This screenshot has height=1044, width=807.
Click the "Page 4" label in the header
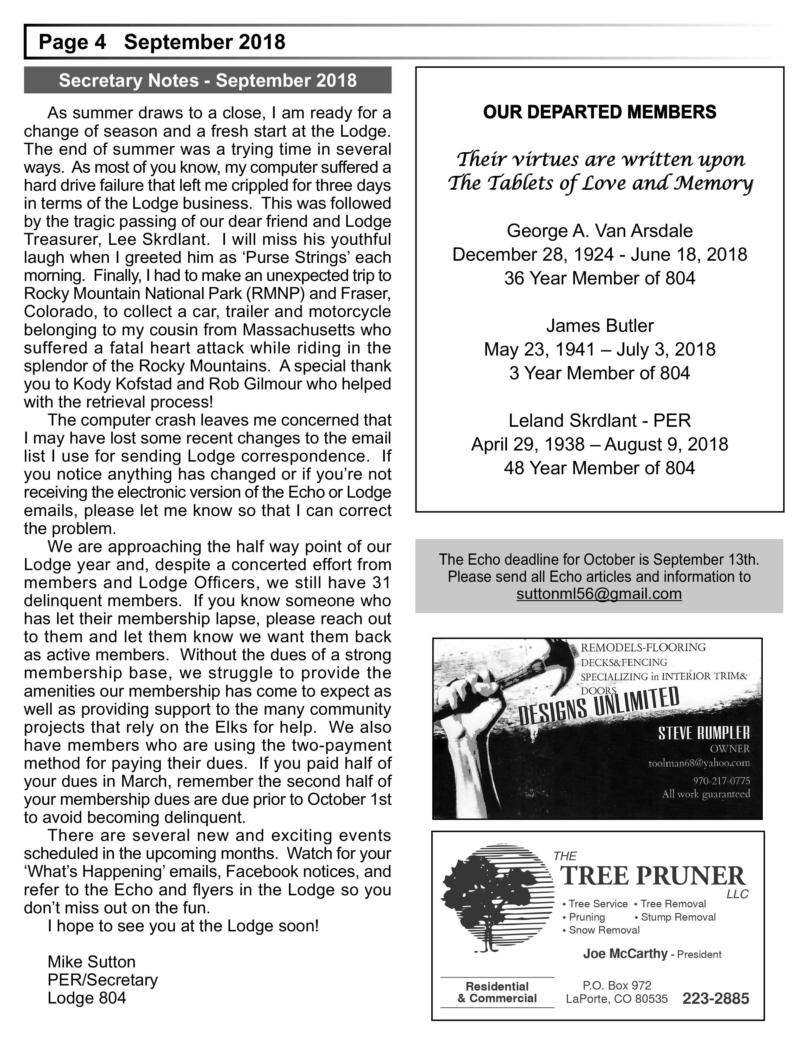coord(72,42)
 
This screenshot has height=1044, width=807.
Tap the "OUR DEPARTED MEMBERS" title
coord(599,112)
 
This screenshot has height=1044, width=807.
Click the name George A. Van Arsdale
coord(599,231)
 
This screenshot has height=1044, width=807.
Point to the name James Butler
coord(599,326)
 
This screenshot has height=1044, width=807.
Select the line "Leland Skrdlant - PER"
coord(599,421)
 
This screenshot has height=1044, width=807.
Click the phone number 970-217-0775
coord(721,781)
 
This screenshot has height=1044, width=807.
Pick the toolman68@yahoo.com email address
coord(699,763)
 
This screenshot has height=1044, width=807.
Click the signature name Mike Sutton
coord(92,962)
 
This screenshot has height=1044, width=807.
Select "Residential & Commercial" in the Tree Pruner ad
coord(497,992)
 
